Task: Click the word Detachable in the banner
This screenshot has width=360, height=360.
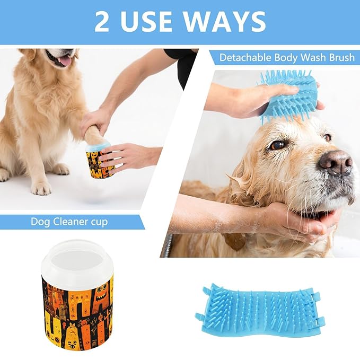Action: coord(245,58)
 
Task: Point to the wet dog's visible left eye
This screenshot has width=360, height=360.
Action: coord(277,145)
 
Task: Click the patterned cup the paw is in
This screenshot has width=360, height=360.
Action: coord(100,161)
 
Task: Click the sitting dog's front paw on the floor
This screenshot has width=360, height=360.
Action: coord(41,188)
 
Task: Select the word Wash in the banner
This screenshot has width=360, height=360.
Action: coord(313,58)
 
